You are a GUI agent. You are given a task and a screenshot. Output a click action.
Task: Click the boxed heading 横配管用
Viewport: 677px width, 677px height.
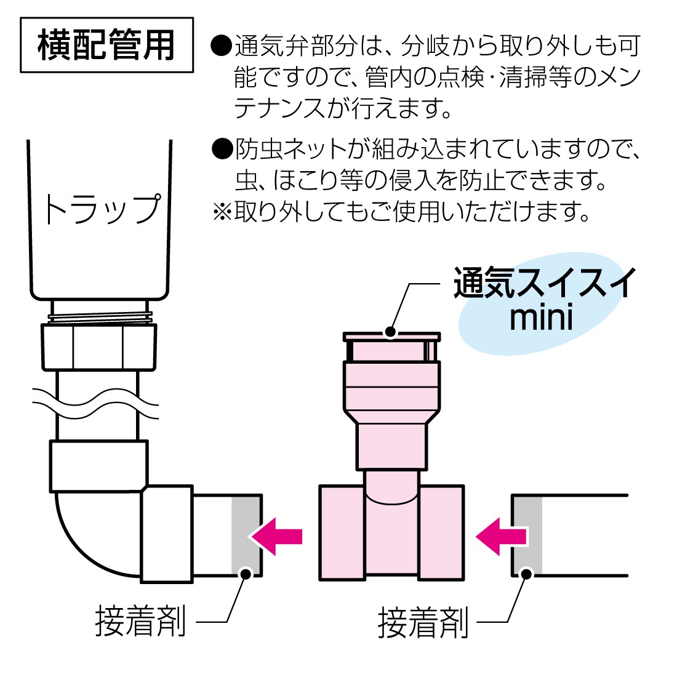point(106,45)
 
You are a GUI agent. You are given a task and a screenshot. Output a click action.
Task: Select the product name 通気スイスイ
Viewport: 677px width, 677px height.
point(545,284)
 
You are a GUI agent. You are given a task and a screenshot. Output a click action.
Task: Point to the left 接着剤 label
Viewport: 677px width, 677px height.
point(141,621)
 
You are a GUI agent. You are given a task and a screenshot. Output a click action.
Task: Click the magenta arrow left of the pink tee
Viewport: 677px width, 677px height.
point(276,536)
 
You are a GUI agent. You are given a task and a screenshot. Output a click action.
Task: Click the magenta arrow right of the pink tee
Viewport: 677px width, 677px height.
point(501,536)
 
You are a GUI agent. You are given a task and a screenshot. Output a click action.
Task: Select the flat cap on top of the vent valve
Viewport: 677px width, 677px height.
point(391,337)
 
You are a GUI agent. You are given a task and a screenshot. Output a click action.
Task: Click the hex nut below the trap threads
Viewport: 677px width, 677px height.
point(98,347)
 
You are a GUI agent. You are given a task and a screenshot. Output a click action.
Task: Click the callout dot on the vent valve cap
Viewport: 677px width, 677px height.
point(390,332)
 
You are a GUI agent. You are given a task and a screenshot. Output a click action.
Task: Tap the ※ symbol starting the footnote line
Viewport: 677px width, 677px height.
point(221,212)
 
